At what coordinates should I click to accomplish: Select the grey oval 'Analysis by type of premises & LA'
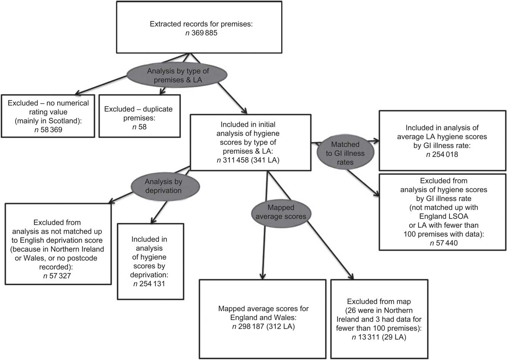tap(178, 75)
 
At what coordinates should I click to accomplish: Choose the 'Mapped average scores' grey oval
tap(280, 212)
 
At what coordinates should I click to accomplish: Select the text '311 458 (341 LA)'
tap(248, 160)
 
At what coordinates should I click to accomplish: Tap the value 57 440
tap(443, 243)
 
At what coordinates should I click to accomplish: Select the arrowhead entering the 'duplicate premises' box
tap(162, 91)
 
